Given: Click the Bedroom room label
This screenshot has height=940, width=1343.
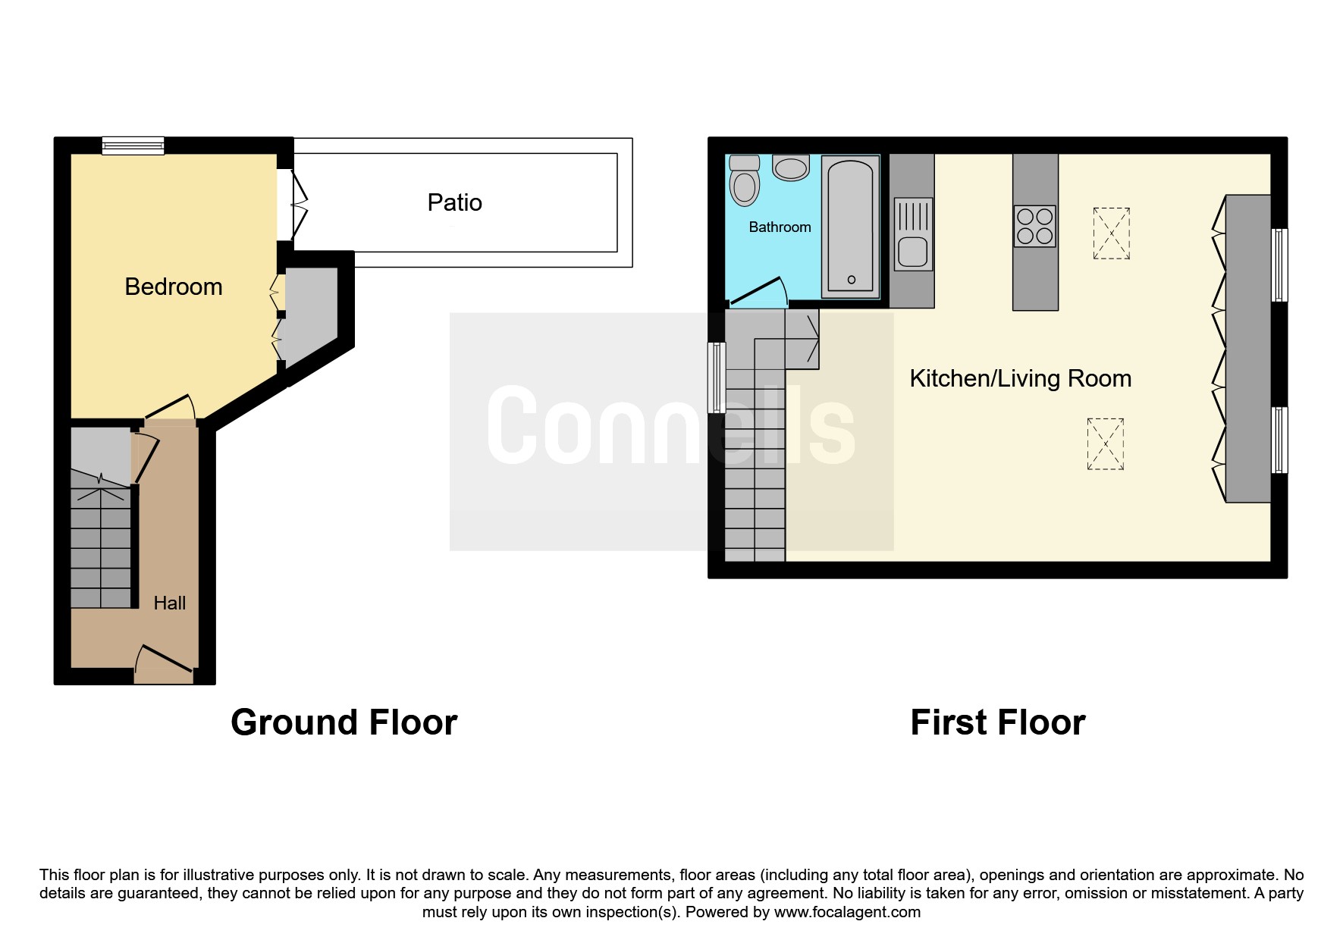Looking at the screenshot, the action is click(174, 287).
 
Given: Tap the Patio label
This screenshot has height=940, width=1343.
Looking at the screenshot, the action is click(454, 202).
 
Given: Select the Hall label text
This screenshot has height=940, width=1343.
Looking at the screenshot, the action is click(169, 603).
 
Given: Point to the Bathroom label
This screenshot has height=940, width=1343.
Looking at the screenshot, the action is click(780, 227).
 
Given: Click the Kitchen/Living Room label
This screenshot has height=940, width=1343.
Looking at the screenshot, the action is click(1020, 378).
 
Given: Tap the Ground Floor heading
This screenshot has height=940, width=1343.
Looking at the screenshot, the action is click(344, 722).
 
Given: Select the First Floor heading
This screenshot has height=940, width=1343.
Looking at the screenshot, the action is click(997, 722).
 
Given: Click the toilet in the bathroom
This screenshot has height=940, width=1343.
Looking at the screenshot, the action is click(744, 181).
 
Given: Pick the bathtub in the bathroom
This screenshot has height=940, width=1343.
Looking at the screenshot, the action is click(851, 226).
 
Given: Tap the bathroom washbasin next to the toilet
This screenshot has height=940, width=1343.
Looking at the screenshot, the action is click(791, 168).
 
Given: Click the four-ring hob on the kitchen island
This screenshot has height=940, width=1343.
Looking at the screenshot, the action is click(1035, 226).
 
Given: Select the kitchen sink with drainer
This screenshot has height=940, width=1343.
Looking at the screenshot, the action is click(913, 234).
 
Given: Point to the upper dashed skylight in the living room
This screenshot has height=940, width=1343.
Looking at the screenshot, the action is click(1111, 233).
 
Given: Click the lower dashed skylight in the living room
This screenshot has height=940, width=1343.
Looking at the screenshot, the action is click(1105, 443).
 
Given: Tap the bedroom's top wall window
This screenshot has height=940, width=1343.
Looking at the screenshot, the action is click(133, 146).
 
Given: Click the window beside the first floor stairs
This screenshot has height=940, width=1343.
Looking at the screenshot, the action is click(717, 378).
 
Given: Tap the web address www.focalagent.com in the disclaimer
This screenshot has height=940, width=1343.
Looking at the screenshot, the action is click(847, 912).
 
